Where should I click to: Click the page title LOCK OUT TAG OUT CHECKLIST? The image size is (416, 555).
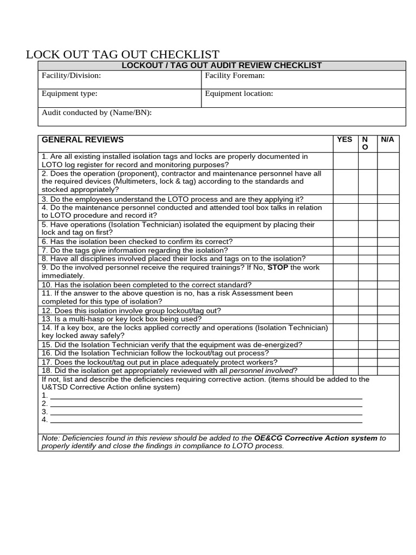[x=123, y=55]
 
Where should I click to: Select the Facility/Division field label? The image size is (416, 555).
[x=71, y=76]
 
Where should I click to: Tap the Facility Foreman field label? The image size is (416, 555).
[x=235, y=76]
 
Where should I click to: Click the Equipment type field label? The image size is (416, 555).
[x=69, y=93]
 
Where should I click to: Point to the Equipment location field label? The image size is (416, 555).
[x=239, y=93]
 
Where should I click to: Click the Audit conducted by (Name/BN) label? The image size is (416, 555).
[x=97, y=113]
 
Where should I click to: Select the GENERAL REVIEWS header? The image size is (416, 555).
[x=82, y=140]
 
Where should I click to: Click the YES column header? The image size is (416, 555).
[x=344, y=140]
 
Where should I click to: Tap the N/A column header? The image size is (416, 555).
[x=387, y=140]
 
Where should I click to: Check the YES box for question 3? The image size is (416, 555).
[x=344, y=199]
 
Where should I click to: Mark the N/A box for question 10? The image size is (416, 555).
[x=388, y=285]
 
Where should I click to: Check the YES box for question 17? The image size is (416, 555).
[x=344, y=362]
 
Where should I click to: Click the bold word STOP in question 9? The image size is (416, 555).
[x=278, y=268]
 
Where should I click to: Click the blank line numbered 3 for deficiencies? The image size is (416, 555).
[x=206, y=411]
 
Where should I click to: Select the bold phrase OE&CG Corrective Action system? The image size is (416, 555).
[x=316, y=438]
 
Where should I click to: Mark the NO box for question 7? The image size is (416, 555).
[x=366, y=250]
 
